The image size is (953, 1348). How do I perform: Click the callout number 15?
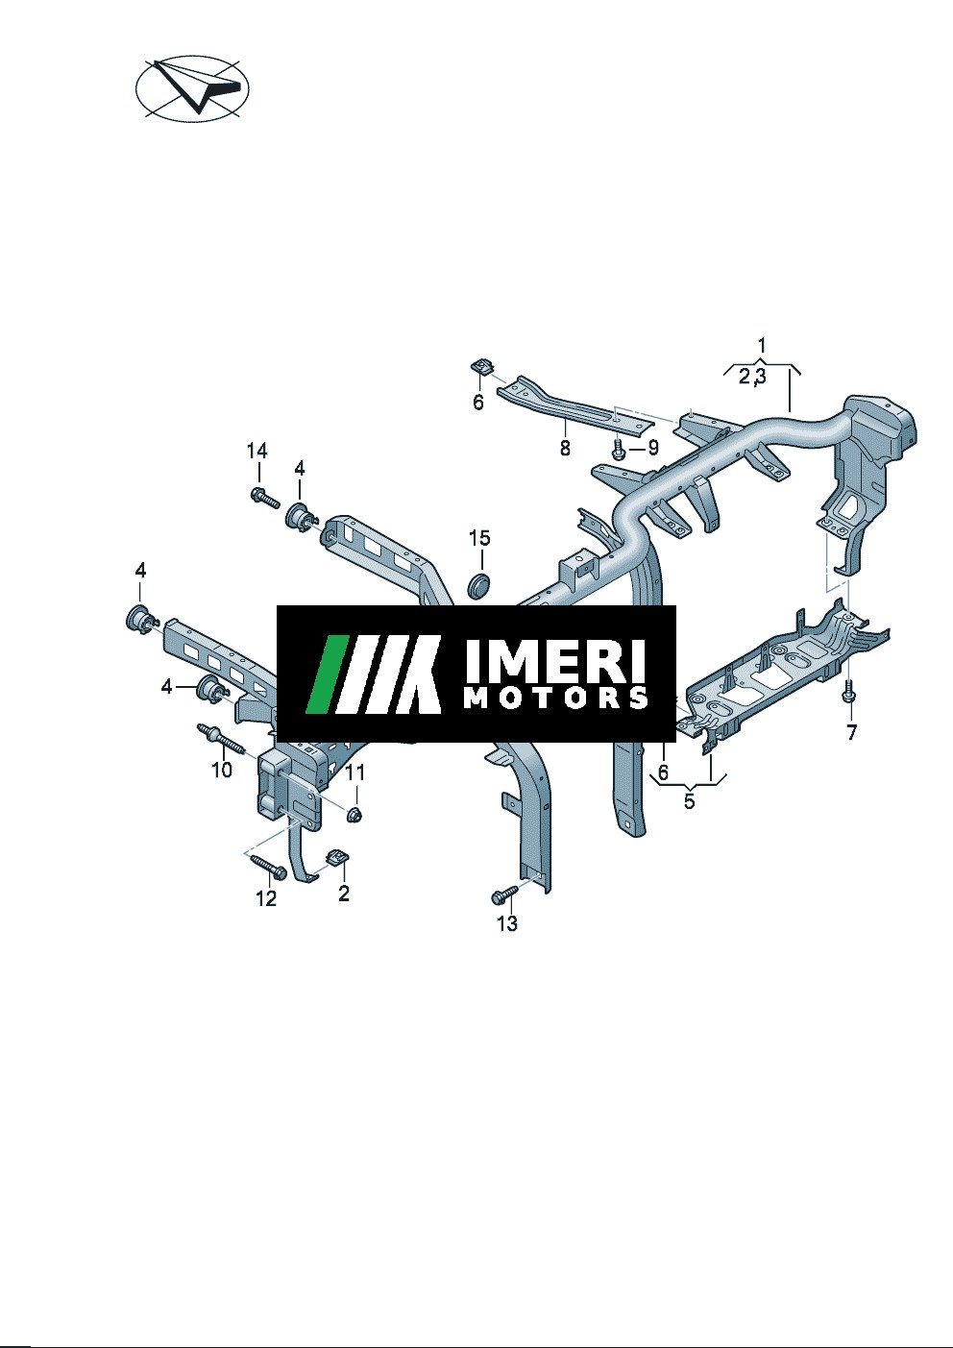tap(479, 538)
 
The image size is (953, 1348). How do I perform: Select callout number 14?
tap(257, 451)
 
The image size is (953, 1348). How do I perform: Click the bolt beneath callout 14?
tap(265, 498)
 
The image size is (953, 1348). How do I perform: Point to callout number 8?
tap(565, 448)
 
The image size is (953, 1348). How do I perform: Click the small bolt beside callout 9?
tap(618, 449)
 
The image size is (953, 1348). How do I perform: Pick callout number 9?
tap(652, 447)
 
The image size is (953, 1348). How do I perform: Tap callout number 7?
tap(851, 733)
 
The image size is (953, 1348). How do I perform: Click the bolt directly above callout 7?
tap(849, 692)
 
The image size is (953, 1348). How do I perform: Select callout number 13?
tap(507, 923)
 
